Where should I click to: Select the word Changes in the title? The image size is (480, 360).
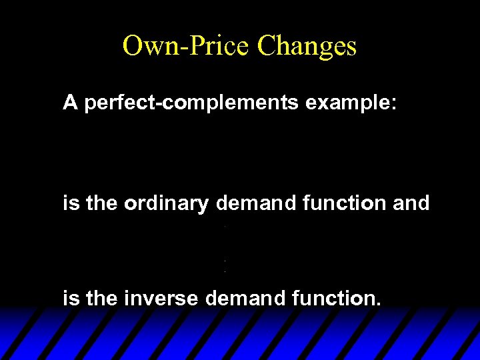pyautogui.click(x=307, y=46)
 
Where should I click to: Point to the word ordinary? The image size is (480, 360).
pyautogui.click(x=166, y=203)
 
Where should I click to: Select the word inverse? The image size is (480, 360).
pyautogui.click(x=161, y=299)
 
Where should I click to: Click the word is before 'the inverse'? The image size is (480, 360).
pyautogui.click(x=69, y=299)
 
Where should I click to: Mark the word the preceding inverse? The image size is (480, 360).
pyautogui.click(x=101, y=299)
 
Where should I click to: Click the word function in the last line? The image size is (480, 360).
pyautogui.click(x=331, y=299)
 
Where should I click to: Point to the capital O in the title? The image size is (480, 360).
pyautogui.click(x=131, y=46)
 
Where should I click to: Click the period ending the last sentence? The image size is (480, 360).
pyautogui.click(x=379, y=305)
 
